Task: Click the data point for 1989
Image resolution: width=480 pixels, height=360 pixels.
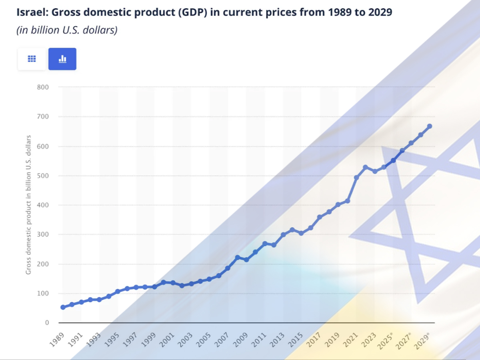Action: click(63, 307)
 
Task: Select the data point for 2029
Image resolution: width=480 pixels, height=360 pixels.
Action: click(430, 126)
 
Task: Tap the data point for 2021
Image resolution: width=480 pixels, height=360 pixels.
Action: click(356, 177)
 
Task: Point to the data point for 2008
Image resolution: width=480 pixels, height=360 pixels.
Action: click(237, 257)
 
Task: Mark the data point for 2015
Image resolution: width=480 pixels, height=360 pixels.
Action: click(301, 233)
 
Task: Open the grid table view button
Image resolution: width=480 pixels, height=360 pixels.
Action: click(32, 59)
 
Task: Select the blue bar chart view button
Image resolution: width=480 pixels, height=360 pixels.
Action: click(62, 59)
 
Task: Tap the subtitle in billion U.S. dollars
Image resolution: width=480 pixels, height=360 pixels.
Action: click(67, 30)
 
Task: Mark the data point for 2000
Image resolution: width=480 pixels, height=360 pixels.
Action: click(163, 282)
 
